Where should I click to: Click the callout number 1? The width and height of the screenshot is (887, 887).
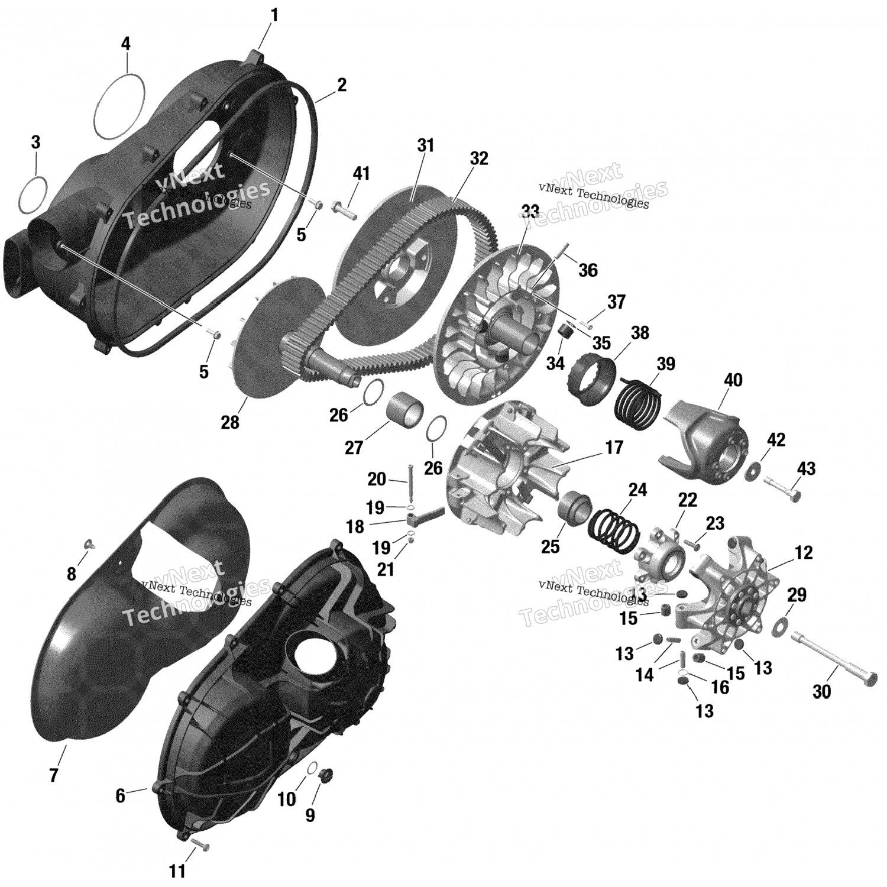click(x=274, y=15)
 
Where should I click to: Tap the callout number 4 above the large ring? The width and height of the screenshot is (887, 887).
click(x=126, y=43)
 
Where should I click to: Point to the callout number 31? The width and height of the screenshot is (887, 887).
click(x=425, y=145)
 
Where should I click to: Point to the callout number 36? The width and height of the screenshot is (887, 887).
click(x=588, y=270)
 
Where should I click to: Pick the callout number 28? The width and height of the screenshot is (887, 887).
click(x=230, y=422)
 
